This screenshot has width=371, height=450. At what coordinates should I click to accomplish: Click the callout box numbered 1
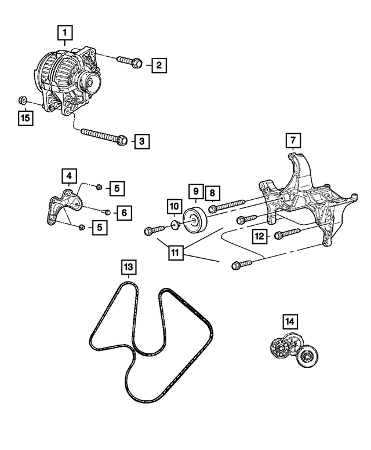[x=65, y=32]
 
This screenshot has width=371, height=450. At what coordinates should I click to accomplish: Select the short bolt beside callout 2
[x=128, y=61]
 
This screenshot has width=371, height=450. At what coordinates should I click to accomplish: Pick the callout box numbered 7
[x=293, y=140]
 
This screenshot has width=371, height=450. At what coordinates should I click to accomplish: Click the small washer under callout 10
[x=173, y=224]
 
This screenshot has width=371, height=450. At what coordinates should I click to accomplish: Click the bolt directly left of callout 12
[x=285, y=235]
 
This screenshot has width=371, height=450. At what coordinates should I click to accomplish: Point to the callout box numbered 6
[x=124, y=213]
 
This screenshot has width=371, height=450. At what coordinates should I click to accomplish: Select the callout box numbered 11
[x=175, y=253]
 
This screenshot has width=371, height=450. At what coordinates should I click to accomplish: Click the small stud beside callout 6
[x=107, y=211]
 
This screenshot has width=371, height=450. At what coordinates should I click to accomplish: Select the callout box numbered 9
[x=196, y=191]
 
